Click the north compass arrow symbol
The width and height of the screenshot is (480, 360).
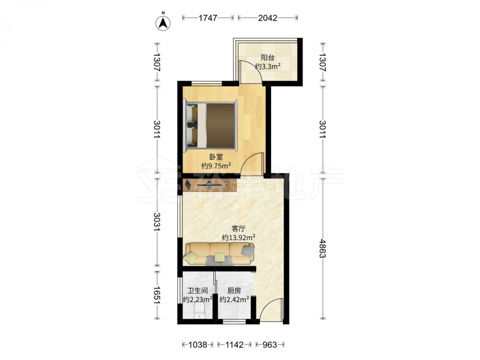tap(163, 23)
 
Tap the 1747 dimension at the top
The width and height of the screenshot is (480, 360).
tap(208, 18)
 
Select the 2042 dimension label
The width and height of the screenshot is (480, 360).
tap(267, 18)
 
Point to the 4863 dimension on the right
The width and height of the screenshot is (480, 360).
tap(322, 249)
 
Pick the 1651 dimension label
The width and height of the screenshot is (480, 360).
tap(157, 295)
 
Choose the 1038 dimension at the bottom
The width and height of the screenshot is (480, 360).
tap(198, 345)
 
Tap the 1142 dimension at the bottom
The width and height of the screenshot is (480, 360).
tap(234, 345)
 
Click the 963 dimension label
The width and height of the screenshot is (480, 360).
tap(270, 345)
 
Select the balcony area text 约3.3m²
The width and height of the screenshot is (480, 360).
tap(268, 66)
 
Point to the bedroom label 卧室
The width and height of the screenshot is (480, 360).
tap(216, 157)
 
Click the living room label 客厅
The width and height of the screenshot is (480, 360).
tap(239, 228)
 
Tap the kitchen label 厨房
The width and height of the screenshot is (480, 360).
tap(234, 290)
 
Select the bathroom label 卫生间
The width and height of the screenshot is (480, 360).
tap(198, 290)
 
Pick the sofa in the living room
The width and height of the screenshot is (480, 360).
tap(219, 254)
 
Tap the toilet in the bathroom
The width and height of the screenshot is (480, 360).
tap(200, 312)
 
